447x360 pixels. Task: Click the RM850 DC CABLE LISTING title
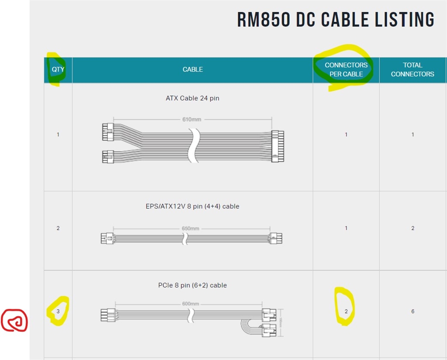point(336,20)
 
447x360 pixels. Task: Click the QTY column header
point(58,69)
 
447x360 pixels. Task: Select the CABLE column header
point(193,69)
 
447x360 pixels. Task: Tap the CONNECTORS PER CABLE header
point(346,69)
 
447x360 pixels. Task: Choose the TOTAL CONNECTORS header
point(413,69)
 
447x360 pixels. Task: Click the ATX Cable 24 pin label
point(193,98)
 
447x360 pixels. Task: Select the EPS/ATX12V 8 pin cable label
point(193,206)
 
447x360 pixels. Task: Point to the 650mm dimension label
point(190,228)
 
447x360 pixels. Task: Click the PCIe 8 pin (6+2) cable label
point(193,285)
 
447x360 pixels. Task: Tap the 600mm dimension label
point(190,304)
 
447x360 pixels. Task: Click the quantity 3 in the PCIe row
point(58,311)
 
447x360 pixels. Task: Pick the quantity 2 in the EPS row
point(58,228)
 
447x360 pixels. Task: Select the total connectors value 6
point(413,311)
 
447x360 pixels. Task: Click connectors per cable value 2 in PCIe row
point(346,311)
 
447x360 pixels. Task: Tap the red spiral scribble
point(14,320)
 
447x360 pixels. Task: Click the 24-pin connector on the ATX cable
point(277,146)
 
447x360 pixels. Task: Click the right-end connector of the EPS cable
point(275,238)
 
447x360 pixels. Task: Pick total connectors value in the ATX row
point(413,134)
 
